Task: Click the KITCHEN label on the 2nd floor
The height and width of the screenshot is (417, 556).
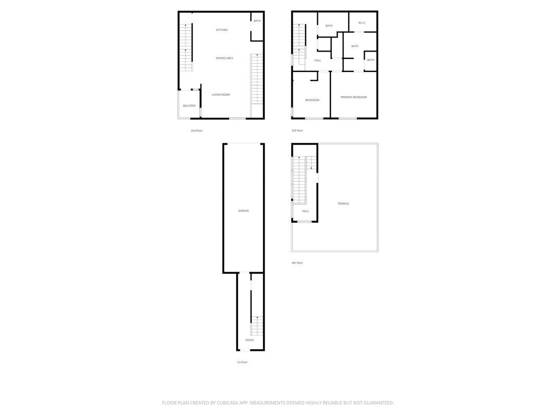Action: [222, 30]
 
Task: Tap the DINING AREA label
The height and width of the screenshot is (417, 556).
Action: [224, 58]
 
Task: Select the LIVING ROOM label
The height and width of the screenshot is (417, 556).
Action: [220, 94]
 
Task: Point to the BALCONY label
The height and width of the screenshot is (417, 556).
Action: [189, 105]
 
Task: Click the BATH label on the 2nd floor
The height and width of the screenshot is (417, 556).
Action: [257, 21]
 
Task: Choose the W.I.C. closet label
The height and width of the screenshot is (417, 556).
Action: [362, 22]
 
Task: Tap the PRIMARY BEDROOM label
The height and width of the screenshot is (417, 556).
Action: [353, 97]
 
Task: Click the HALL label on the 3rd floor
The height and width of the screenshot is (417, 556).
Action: [317, 60]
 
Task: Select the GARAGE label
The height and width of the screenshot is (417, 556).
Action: [243, 211]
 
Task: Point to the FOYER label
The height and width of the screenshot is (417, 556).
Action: [250, 340]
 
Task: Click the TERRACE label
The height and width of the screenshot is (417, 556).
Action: [343, 203]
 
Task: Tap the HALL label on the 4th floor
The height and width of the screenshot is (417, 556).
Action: [305, 211]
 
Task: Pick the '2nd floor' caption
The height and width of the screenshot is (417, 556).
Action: [196, 130]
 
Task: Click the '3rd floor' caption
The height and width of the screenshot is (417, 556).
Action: [297, 130]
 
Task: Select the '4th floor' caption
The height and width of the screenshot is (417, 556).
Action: [297, 263]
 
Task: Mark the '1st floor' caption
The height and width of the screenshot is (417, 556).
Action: [242, 362]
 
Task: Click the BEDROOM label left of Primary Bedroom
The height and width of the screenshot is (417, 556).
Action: [312, 100]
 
